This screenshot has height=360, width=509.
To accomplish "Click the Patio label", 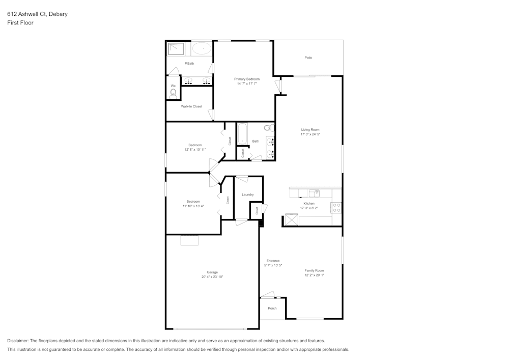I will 308,58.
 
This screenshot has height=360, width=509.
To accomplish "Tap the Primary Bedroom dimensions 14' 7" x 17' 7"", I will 247,84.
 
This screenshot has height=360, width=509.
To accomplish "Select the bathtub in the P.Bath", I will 202,49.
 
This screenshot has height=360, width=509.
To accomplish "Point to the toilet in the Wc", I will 173,93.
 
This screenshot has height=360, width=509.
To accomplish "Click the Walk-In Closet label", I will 191,106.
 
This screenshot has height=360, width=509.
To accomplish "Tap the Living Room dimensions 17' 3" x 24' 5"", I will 310,134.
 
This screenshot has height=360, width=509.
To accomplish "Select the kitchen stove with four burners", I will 336,207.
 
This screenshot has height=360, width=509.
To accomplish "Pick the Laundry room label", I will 248,195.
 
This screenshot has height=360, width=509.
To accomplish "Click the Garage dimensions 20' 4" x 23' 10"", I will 212,276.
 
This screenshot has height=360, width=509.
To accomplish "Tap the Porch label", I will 272,308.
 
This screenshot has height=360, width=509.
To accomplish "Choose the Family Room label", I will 314,270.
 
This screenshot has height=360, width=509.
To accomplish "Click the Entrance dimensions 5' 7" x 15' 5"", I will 273,265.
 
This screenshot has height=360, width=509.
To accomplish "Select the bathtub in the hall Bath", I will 242,134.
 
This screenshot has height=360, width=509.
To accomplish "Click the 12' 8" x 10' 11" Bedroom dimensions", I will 195,150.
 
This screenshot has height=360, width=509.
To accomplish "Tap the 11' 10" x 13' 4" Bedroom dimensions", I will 193,206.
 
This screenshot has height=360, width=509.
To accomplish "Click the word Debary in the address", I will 58,14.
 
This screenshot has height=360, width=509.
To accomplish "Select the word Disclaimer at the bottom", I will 18,341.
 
